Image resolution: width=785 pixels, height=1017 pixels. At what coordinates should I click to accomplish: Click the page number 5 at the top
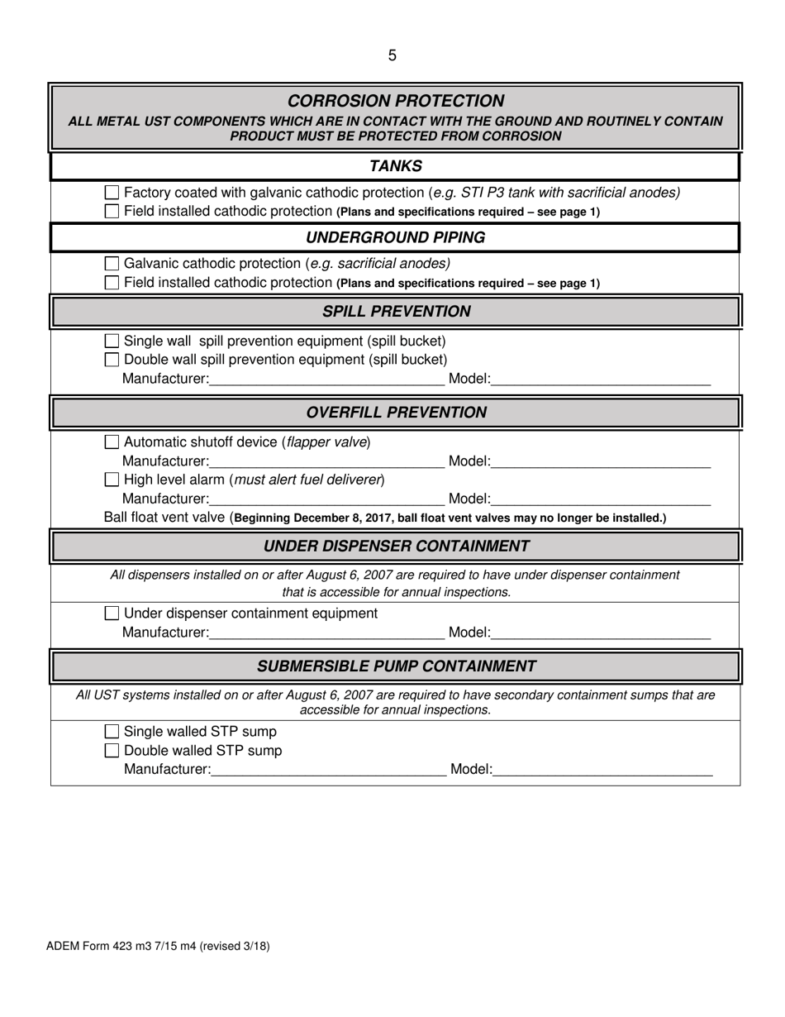[x=392, y=55]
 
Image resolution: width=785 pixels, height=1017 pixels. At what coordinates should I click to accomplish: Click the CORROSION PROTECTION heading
[x=395, y=101]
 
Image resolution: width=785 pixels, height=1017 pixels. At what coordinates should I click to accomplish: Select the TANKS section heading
[x=395, y=166]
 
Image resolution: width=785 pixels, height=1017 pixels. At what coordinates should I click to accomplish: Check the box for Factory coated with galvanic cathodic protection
[x=112, y=193]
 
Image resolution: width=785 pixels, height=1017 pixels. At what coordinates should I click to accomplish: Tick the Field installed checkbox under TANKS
[x=112, y=212]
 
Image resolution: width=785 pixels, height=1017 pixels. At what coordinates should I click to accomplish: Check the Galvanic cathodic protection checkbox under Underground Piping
[x=112, y=264]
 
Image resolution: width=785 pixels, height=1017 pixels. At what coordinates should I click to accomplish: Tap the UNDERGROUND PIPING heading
[x=395, y=238]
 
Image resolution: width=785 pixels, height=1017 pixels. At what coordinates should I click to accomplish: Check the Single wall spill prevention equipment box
[x=112, y=341]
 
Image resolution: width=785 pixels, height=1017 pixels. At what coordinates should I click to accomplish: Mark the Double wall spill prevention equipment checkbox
[x=112, y=360]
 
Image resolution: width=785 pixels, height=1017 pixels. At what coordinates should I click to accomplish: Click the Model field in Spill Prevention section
[x=601, y=380]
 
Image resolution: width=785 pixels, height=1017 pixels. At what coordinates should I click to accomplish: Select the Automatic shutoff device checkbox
[x=112, y=442]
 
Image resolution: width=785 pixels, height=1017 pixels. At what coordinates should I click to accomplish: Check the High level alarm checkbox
[x=112, y=480]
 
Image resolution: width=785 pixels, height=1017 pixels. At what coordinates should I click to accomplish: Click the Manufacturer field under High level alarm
[x=326, y=499]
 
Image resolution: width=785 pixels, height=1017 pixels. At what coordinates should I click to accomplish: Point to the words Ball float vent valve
[x=164, y=518]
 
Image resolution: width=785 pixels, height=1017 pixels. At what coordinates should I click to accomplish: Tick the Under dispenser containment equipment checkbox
[x=112, y=614]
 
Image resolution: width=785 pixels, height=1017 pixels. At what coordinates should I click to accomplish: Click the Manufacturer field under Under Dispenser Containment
[x=326, y=633]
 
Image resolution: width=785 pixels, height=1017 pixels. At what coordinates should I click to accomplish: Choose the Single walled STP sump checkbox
[x=112, y=732]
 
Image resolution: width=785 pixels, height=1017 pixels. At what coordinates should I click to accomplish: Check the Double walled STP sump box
[x=112, y=751]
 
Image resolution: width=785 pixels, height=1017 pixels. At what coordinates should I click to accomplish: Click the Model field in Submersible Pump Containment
[x=602, y=770]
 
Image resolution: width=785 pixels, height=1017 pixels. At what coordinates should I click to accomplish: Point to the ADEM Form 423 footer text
[x=158, y=946]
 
